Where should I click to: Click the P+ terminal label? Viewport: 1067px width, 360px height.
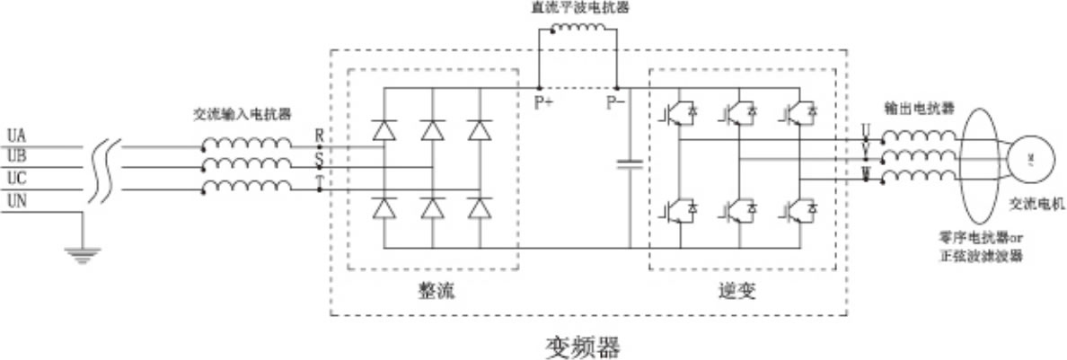(543, 102)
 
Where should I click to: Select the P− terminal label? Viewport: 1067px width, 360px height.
(615, 102)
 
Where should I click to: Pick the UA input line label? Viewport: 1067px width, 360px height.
(16, 136)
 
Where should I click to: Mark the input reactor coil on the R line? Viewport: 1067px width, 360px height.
(246, 144)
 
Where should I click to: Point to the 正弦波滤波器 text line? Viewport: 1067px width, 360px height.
(982, 256)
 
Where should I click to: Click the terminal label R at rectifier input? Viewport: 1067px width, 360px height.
(319, 135)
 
